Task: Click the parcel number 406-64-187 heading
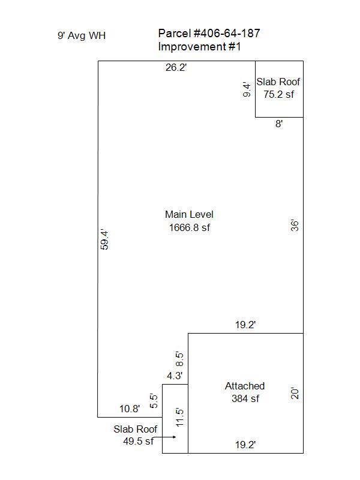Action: [x=209, y=34]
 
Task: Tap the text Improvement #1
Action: [x=199, y=47]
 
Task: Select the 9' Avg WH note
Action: [x=82, y=35]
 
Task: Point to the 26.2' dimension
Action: [x=176, y=67]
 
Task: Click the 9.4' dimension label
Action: [x=247, y=89]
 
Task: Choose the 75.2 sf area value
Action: [x=278, y=94]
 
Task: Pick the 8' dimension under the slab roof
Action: [x=279, y=124]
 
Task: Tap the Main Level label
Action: [x=189, y=214]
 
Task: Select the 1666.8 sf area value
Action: [x=190, y=227]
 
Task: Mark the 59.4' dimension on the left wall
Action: [x=104, y=240]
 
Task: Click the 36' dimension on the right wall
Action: [x=294, y=225]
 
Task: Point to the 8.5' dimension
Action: [x=179, y=359]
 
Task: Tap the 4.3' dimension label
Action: [x=175, y=376]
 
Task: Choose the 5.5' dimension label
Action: [x=154, y=401]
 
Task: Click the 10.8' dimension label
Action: [x=130, y=409]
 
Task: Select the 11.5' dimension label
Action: [x=179, y=418]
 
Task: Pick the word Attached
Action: [x=245, y=386]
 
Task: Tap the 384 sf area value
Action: [x=245, y=398]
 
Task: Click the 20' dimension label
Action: [x=294, y=394]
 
